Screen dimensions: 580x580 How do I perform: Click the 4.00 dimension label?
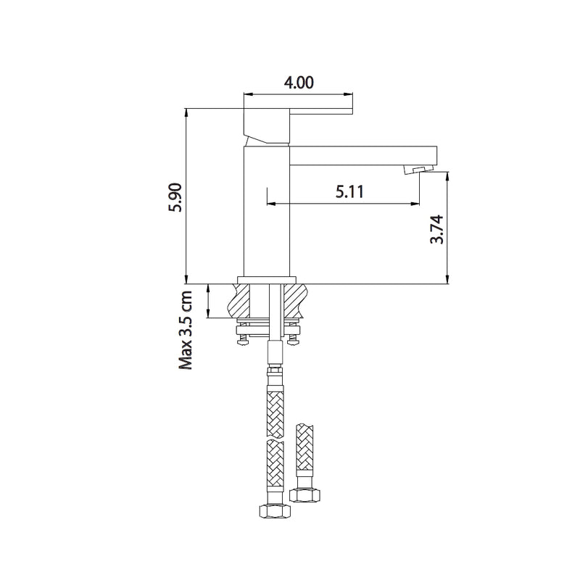[x=298, y=83]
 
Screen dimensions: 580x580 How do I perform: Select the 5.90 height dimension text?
[x=174, y=197]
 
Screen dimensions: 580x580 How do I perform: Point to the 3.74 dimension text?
[x=436, y=228]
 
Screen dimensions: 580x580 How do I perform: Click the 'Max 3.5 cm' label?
[x=186, y=330]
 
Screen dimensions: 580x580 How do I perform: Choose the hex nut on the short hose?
[x=304, y=495]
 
